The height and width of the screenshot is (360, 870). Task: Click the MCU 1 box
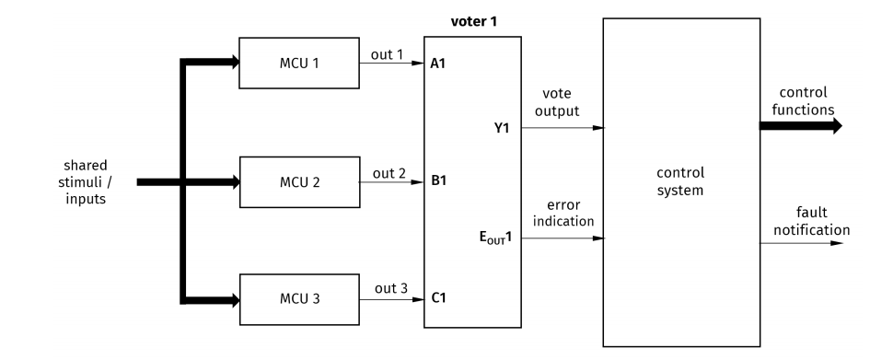coord(298,64)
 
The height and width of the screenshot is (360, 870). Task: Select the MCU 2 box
coord(298,181)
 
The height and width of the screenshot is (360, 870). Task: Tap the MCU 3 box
coord(298,299)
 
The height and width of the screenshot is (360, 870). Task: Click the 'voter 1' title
coord(474,21)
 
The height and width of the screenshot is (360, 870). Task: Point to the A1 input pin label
coord(438,64)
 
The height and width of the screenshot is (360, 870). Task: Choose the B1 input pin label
coord(438,181)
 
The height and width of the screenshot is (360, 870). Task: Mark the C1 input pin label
coord(438,299)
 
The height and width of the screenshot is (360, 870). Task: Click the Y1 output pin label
coord(502,128)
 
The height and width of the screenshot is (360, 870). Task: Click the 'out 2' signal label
coord(388,172)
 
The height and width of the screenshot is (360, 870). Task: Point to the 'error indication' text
coord(563,212)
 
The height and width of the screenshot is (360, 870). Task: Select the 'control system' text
coord(680,180)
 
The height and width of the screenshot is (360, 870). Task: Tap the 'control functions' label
coord(803,100)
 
